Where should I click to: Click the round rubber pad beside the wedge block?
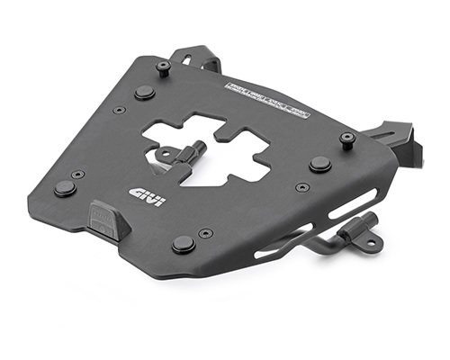coord(64,189)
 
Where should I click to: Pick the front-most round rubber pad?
coord(184,245)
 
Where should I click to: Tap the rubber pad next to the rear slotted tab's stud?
coord(144,93)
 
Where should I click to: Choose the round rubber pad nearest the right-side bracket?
coord(319,164)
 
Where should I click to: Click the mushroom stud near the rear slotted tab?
coord(163,67)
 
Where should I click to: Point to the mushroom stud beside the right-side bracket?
coord(346,139)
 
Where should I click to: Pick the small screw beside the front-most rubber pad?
coord(207,232)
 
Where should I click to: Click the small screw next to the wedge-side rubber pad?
coord(78,175)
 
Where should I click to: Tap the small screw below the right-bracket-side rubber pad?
coord(302,187)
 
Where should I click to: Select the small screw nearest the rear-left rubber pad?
coord(119,110)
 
